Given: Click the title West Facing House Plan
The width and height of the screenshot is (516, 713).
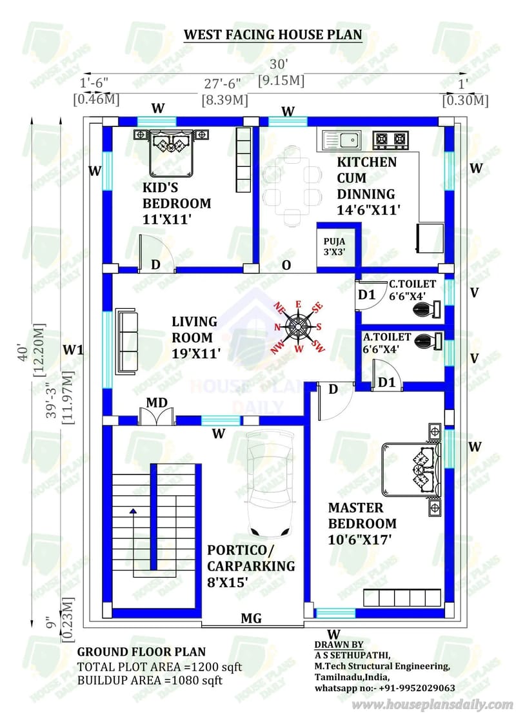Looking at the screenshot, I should [273, 34].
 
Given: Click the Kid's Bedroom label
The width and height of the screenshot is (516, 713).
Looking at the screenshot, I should [177, 203].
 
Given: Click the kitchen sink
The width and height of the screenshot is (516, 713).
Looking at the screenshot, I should [342, 138].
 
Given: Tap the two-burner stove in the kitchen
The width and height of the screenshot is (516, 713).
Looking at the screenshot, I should [391, 138].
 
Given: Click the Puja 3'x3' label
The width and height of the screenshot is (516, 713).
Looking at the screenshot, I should [334, 246].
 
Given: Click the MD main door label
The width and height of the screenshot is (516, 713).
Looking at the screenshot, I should [157, 403].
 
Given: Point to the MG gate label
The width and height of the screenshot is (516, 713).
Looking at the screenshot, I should [251, 619].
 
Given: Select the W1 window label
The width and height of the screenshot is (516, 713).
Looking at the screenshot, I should [74, 349].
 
